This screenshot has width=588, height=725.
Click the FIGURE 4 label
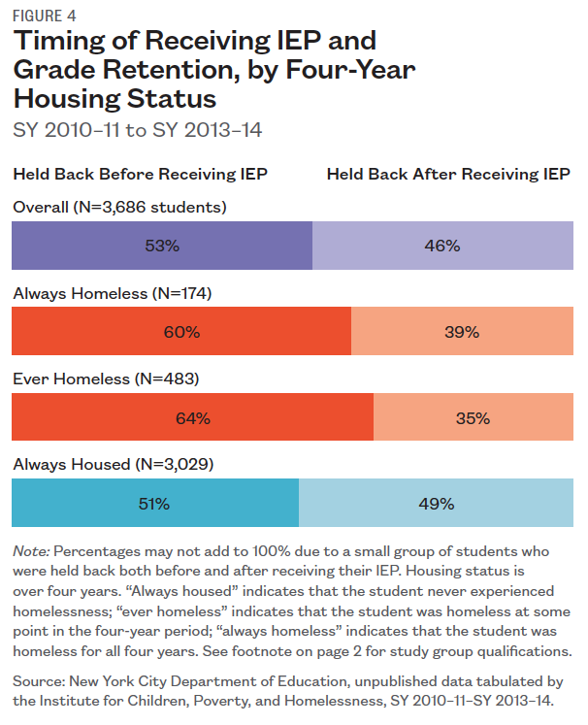[x=44, y=16]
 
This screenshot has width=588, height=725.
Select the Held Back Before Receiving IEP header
[x=140, y=175]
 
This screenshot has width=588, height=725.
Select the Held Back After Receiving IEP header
[x=448, y=175]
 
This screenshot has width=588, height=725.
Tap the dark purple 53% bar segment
[x=162, y=246]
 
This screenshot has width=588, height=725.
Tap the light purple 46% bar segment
[x=442, y=246]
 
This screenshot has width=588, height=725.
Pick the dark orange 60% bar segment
[x=181, y=332]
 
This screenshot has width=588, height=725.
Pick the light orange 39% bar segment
[x=461, y=332]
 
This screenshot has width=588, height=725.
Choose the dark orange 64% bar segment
[x=192, y=418]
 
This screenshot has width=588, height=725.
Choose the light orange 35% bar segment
[x=473, y=418]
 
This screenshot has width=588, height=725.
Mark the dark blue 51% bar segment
[x=155, y=504]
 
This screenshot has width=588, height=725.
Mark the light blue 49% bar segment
[x=436, y=504]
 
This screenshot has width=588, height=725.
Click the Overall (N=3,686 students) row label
[x=119, y=207]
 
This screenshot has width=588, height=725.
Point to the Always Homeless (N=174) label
[x=112, y=292]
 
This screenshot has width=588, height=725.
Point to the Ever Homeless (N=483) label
[x=106, y=379]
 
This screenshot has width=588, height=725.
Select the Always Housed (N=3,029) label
[x=114, y=464]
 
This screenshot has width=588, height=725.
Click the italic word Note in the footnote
[x=30, y=551]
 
